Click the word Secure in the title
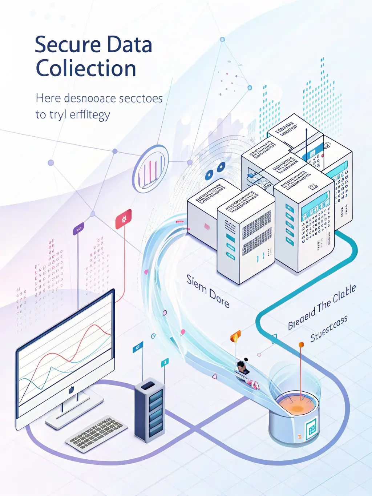pos(68,45)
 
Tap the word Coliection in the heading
pos(86,69)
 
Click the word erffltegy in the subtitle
pos(90,115)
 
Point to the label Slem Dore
pos(208,291)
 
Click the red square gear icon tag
pos(124,219)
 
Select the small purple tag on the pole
pos(78,229)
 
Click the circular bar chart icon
pos(150,169)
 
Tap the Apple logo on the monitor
pos(71,390)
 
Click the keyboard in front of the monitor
pos(96,434)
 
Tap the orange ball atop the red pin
pos(301,344)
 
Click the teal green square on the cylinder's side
pos(312,428)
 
